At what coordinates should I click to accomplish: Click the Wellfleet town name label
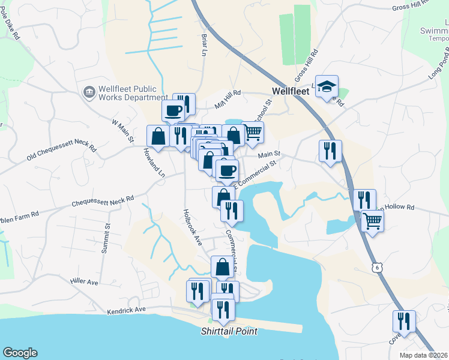tap(290, 91)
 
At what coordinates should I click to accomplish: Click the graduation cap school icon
tap(327, 87)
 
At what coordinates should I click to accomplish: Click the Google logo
tap(20, 353)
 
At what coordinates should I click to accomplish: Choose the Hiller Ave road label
tap(83, 281)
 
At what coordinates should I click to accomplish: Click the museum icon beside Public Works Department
tap(89, 92)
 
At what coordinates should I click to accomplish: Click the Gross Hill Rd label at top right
tap(423, 6)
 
